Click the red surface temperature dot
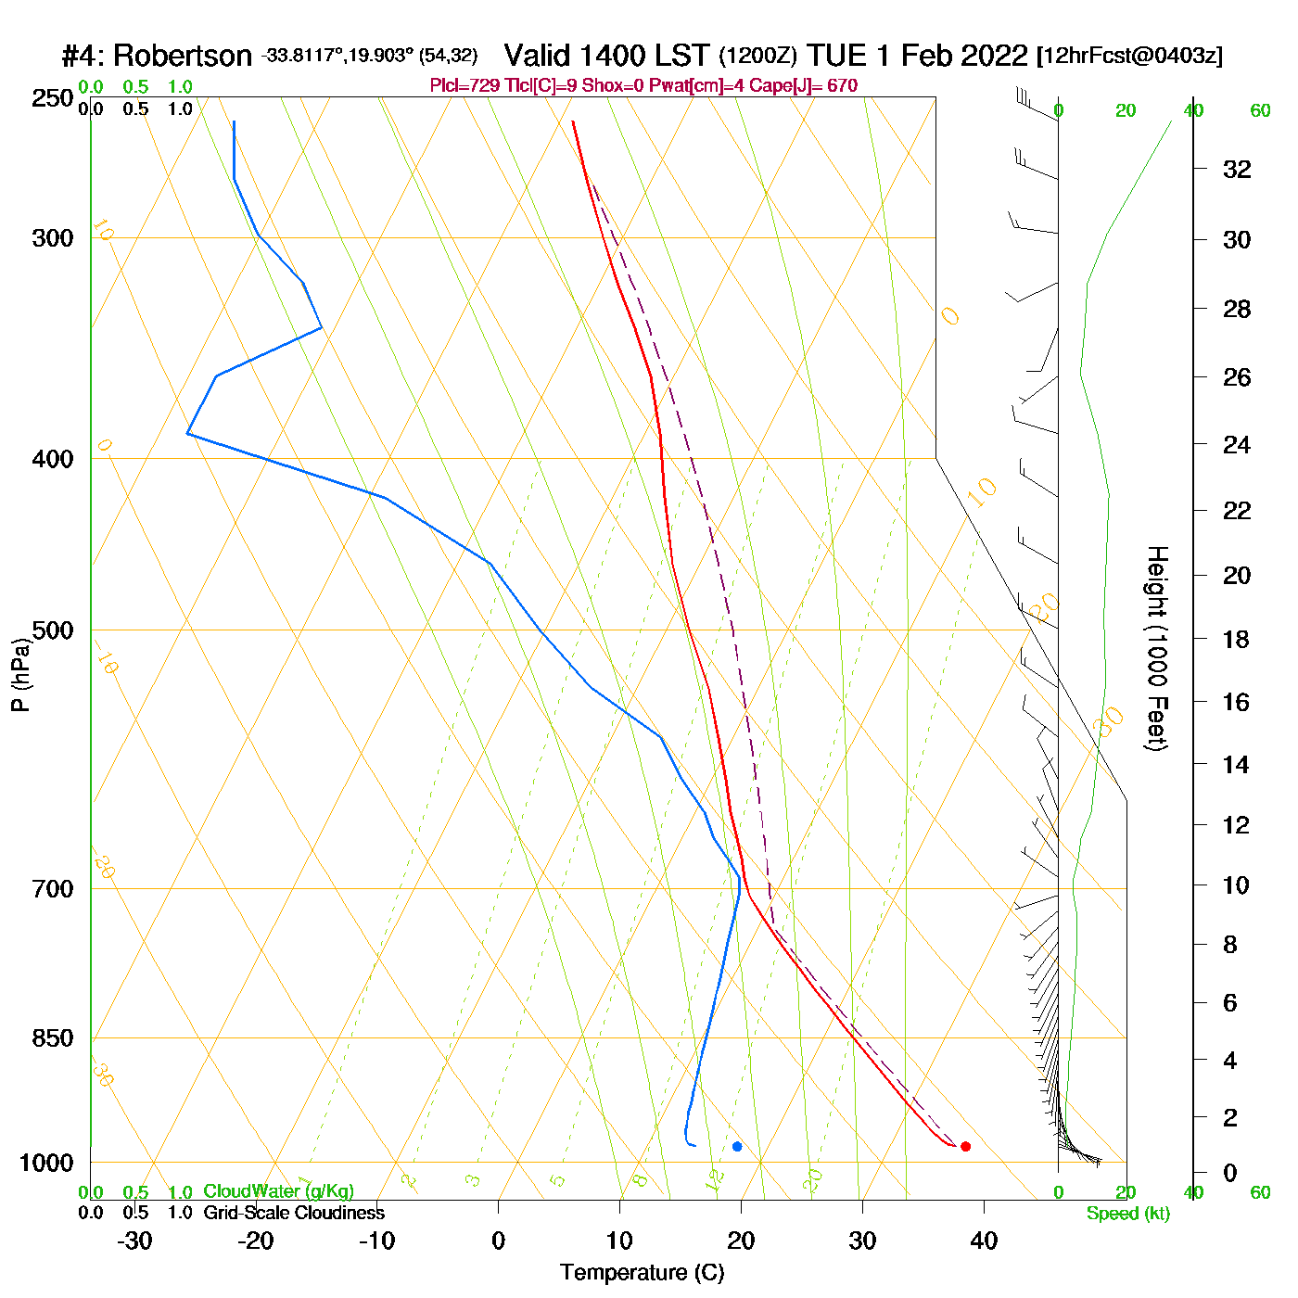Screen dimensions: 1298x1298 965,1146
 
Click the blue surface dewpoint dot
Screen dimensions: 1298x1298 737,1146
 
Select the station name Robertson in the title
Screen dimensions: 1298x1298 182,57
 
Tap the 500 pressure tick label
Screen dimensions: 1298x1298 53,630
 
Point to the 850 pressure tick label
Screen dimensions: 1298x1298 53,1038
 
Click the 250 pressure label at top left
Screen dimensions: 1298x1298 53,98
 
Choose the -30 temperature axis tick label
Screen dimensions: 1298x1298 134,1241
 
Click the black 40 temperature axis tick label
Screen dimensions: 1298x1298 984,1241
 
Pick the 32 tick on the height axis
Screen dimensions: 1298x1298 1237,170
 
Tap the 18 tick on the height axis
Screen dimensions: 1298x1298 1236,639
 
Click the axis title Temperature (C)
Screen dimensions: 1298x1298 642,1273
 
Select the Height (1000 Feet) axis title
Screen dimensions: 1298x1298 1157,648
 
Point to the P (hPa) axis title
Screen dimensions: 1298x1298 20,675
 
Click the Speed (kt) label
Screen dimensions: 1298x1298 1127,1214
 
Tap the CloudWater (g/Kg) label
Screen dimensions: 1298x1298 278,1191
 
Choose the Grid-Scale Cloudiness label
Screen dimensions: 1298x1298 294,1213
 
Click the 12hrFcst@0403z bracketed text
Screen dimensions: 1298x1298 1129,56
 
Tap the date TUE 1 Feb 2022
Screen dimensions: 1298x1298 917,56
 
